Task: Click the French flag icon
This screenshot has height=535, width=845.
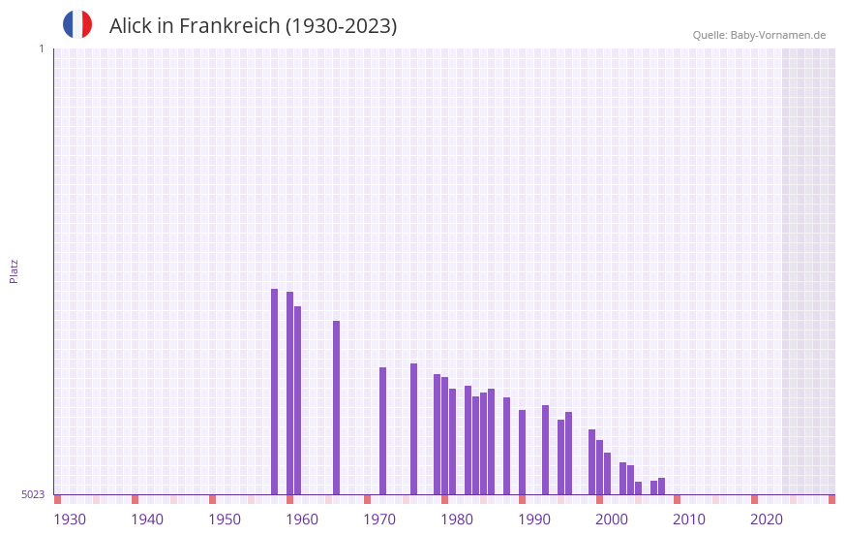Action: (x=77, y=24)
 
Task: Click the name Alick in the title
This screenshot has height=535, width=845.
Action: (x=134, y=26)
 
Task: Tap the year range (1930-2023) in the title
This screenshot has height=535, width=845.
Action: (x=341, y=26)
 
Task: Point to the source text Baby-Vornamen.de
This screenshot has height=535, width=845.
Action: (x=777, y=35)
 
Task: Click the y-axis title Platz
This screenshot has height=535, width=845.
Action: (x=14, y=270)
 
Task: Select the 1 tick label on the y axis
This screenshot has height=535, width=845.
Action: (x=41, y=48)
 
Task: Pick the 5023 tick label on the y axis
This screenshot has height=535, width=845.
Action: (x=33, y=494)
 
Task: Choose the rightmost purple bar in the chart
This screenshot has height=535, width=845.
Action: (x=661, y=486)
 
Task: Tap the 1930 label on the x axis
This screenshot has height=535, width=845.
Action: (x=70, y=519)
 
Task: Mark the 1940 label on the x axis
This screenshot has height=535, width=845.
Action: (x=147, y=519)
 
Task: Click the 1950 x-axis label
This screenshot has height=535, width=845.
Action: (x=225, y=519)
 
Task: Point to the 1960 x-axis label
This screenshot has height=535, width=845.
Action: (x=302, y=519)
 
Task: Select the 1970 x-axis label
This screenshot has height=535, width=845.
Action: (x=379, y=519)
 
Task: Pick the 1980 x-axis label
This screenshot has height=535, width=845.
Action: (x=457, y=519)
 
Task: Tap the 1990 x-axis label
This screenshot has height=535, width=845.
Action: (x=534, y=519)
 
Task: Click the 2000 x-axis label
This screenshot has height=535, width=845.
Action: (x=612, y=519)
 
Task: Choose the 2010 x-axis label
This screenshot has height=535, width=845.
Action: (x=689, y=519)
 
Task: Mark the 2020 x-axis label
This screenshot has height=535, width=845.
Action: (x=767, y=519)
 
